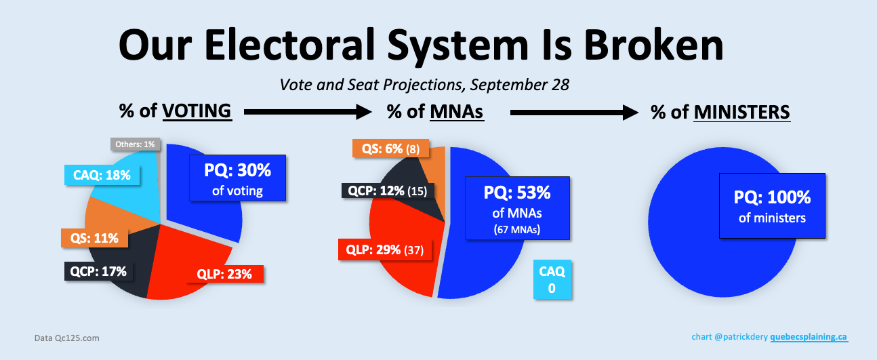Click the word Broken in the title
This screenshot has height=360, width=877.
tap(653, 45)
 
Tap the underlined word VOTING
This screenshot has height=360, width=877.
tap(197, 111)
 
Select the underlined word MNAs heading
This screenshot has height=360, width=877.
tap(457, 112)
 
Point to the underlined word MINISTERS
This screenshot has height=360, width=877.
tap(742, 112)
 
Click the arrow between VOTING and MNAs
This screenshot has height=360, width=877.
tap(308, 112)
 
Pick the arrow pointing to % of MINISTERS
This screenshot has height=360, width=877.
tap(574, 113)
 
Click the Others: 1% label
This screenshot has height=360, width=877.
tap(135, 144)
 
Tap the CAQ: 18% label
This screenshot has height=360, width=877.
tap(102, 175)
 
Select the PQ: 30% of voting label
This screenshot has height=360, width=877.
tap(238, 178)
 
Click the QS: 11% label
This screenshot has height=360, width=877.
tap(94, 238)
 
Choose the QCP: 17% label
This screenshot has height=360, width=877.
tap(98, 271)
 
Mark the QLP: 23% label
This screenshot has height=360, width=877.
tap(224, 274)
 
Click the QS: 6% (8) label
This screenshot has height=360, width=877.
tap(390, 148)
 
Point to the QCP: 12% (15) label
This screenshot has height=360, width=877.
tap(388, 191)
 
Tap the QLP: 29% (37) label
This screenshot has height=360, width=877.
tap(385, 249)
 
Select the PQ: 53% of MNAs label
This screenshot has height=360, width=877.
tap(517, 208)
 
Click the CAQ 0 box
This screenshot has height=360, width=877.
tap(552, 279)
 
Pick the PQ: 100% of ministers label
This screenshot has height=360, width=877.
tap(772, 205)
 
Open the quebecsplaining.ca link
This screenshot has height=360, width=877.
tap(809, 337)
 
